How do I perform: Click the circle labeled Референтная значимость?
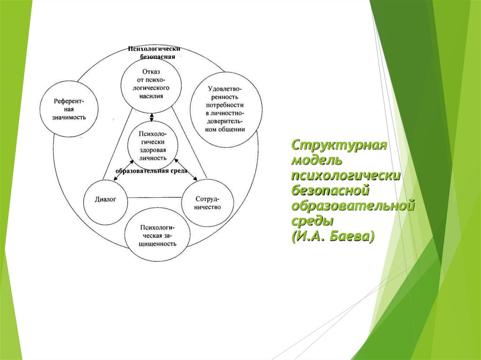pyautogui.click(x=70, y=109)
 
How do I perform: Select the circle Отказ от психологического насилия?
pyautogui.click(x=151, y=84)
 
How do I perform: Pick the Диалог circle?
pyautogui.click(x=106, y=199)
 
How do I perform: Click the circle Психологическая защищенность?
pyautogui.click(x=157, y=236)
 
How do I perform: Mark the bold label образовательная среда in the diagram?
pyautogui.click(x=151, y=171)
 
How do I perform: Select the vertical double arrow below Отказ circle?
pyautogui.click(x=151, y=117)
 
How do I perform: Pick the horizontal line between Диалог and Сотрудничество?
pyautogui.click(x=155, y=198)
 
